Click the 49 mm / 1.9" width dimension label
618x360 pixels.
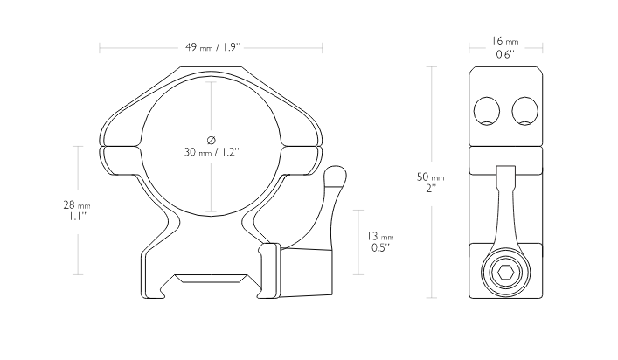(212, 48)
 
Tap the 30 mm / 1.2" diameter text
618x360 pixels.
(212, 152)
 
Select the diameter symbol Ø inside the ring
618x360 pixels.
(212, 140)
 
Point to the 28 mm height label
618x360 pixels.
(77, 205)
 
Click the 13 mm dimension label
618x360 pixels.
(380, 236)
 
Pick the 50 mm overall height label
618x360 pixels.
(430, 177)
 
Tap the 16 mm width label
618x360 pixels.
(505, 41)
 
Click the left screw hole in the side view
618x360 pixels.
(487, 111)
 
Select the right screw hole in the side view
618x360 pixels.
(525, 111)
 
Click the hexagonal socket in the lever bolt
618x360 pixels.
(505, 272)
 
